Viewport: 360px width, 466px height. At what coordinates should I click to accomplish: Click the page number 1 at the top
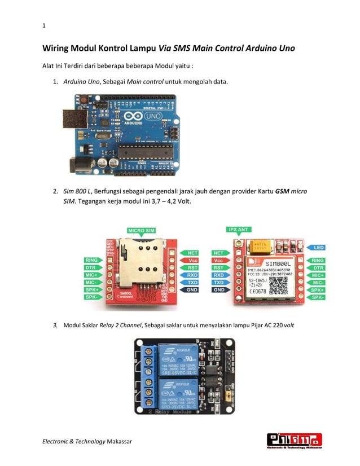44,25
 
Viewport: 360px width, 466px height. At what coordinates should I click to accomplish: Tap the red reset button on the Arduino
84,100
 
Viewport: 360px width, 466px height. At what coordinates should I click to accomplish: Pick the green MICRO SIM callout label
142,231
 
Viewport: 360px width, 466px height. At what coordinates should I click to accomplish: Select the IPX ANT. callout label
239,230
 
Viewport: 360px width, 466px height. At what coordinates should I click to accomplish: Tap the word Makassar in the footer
119,441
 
